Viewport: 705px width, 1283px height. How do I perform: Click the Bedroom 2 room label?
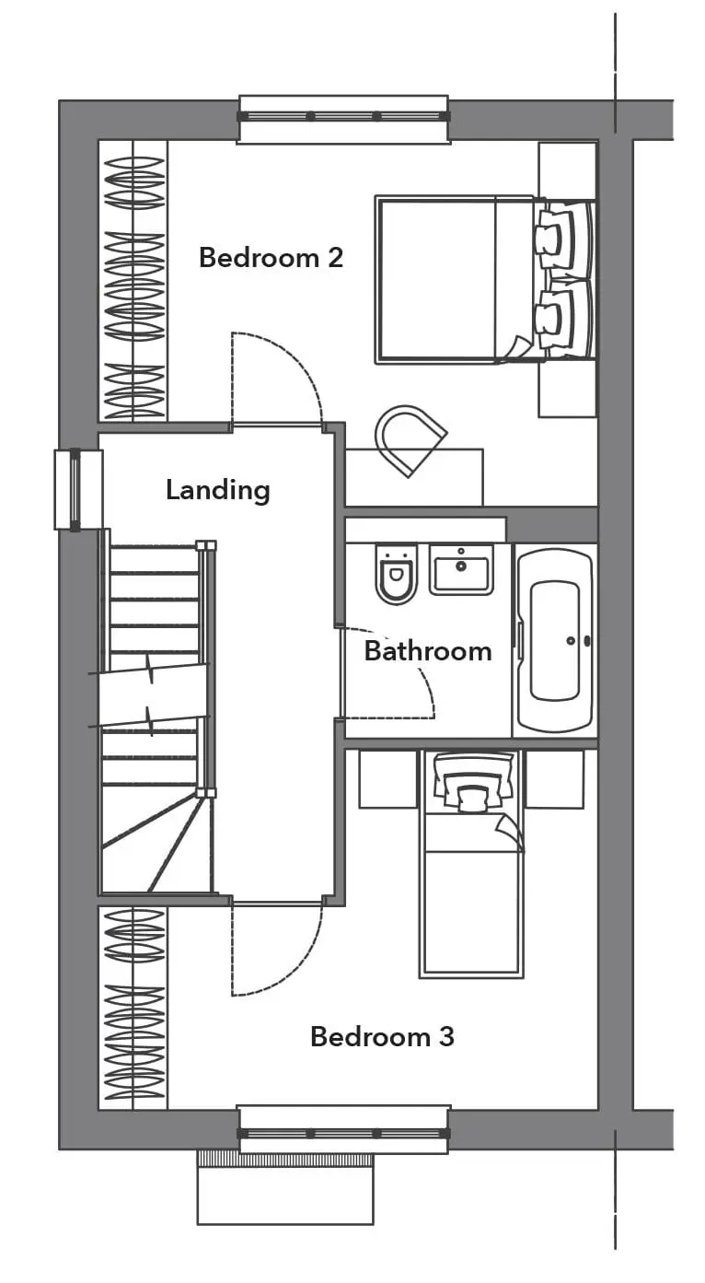pos(271,258)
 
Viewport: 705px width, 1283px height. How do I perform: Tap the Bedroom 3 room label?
pos(382,1037)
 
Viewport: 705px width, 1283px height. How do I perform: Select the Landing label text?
pos(218,491)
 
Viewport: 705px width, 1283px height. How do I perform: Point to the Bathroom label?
pos(428,651)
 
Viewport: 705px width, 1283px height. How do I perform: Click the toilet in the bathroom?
pos(396,574)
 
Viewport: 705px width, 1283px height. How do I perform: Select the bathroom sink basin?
pos(461,569)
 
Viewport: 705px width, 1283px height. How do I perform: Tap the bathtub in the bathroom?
pos(554,640)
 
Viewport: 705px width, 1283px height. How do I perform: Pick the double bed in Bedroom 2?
pos(485,280)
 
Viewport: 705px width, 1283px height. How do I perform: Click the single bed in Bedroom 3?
pos(471,864)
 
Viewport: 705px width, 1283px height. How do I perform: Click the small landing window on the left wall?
pos(78,490)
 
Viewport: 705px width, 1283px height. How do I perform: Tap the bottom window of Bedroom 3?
pos(343,1133)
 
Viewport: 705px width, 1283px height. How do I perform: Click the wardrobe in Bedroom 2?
pos(133,281)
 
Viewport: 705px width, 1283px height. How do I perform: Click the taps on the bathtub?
pos(579,641)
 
